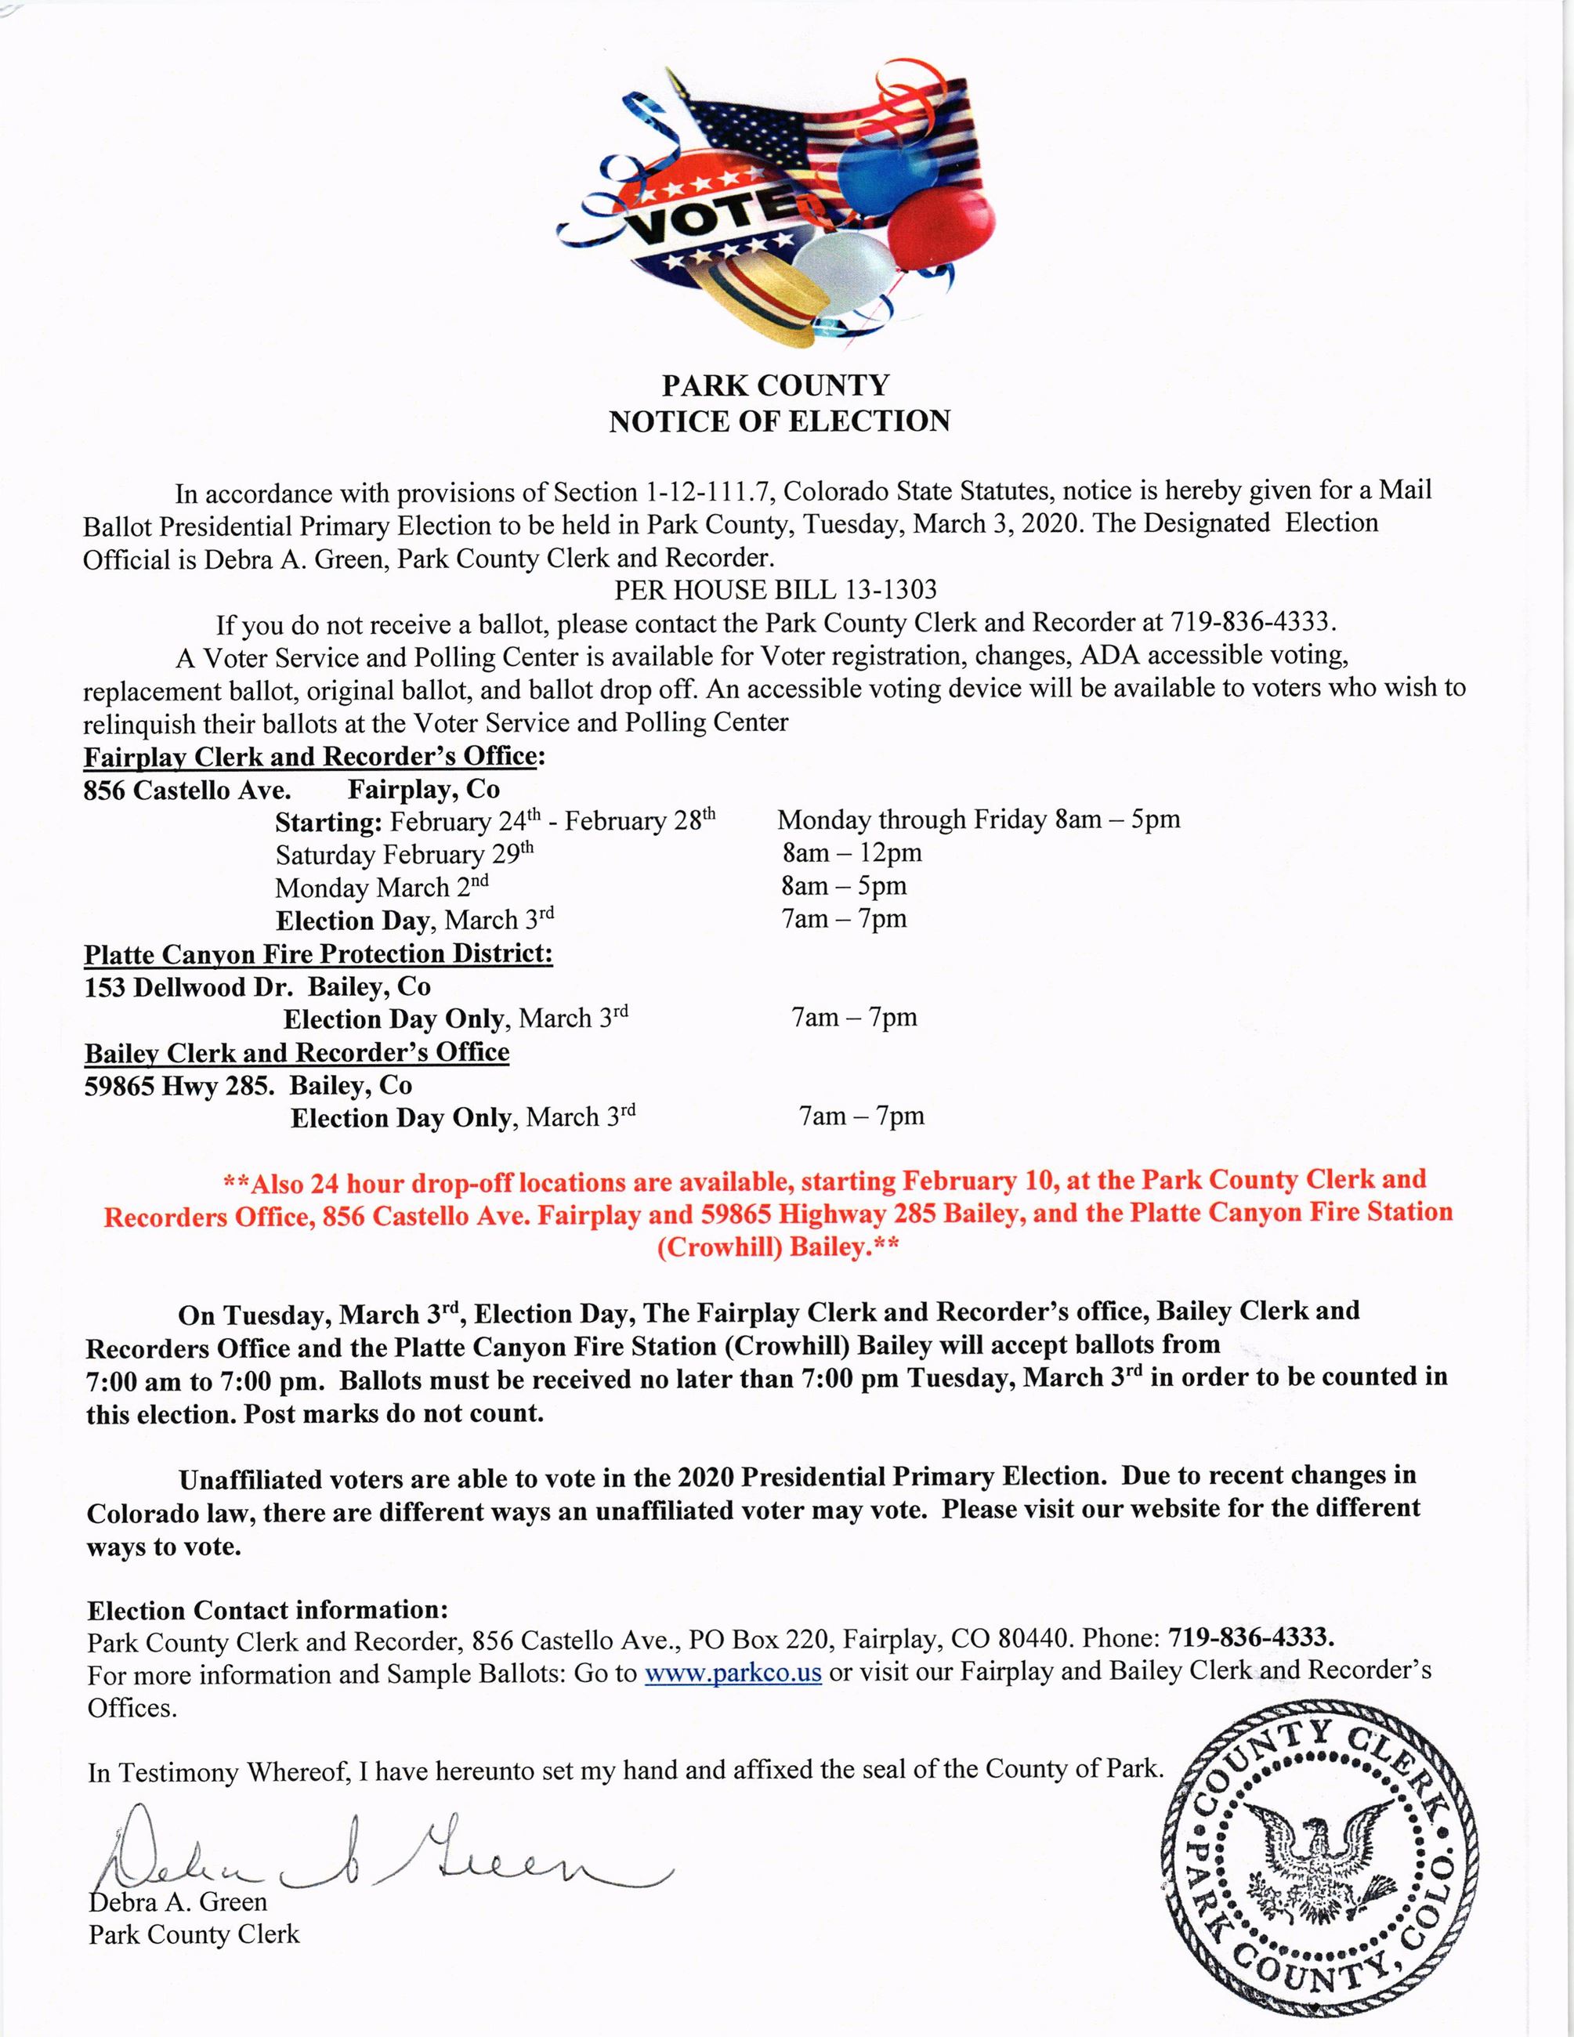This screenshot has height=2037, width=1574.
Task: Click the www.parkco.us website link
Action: click(x=733, y=1673)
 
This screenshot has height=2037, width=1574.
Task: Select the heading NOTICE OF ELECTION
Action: click(x=780, y=422)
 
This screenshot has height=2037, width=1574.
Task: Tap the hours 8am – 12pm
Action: click(x=852, y=852)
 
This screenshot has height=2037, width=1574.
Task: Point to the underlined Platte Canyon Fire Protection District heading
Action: click(x=318, y=954)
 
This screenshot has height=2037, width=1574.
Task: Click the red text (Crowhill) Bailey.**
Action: click(x=779, y=1248)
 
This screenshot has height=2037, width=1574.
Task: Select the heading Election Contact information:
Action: click(x=268, y=1610)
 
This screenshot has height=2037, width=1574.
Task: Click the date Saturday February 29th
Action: click(x=403, y=854)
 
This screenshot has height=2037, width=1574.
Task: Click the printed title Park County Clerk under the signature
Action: click(x=194, y=1934)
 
